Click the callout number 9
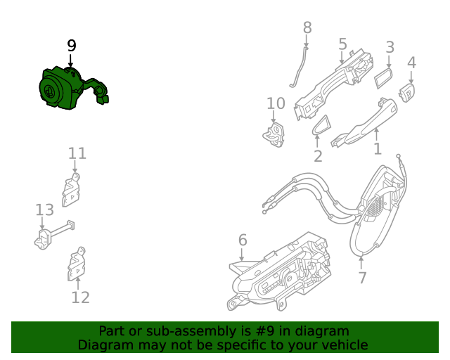pyautogui.click(x=71, y=46)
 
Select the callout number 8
pyautogui.click(x=307, y=27)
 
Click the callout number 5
pyautogui.click(x=342, y=44)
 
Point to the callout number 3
pyautogui.click(x=390, y=48)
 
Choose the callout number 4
pyautogui.click(x=412, y=62)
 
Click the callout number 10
pyautogui.click(x=276, y=103)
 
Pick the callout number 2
pyautogui.click(x=318, y=156)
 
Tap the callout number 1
pyautogui.click(x=377, y=148)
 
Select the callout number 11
pyautogui.click(x=77, y=153)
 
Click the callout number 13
pyautogui.click(x=44, y=210)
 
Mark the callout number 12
pyautogui.click(x=81, y=297)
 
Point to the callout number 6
pyautogui.click(x=243, y=240)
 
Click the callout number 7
pyautogui.click(x=362, y=278)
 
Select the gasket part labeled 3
pyautogui.click(x=385, y=77)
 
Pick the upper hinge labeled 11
pyautogui.click(x=72, y=188)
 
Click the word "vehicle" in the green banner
pyautogui.click(x=343, y=345)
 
